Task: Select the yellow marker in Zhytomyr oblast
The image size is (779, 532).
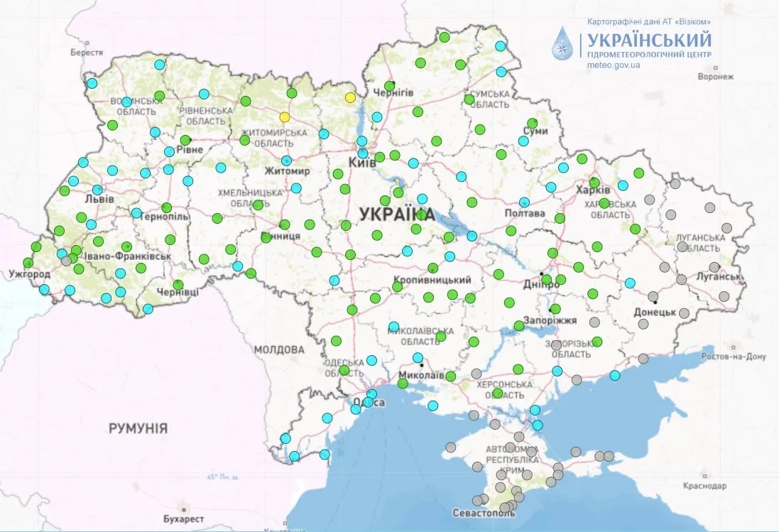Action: coord(285,117)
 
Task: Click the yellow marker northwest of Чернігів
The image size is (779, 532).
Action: coord(349,97)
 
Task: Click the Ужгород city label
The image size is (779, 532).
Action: coord(30,273)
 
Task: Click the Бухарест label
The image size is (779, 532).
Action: coord(183,518)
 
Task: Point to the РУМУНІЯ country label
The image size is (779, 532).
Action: coord(138,428)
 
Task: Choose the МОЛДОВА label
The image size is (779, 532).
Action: coord(278,349)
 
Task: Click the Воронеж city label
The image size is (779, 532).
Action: coord(715,76)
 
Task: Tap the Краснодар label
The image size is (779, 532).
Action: coord(705,486)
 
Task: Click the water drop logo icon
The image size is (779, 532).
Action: coord(564,45)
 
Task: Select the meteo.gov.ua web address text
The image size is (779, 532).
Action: coord(614,65)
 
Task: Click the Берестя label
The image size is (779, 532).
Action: coord(87,53)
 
